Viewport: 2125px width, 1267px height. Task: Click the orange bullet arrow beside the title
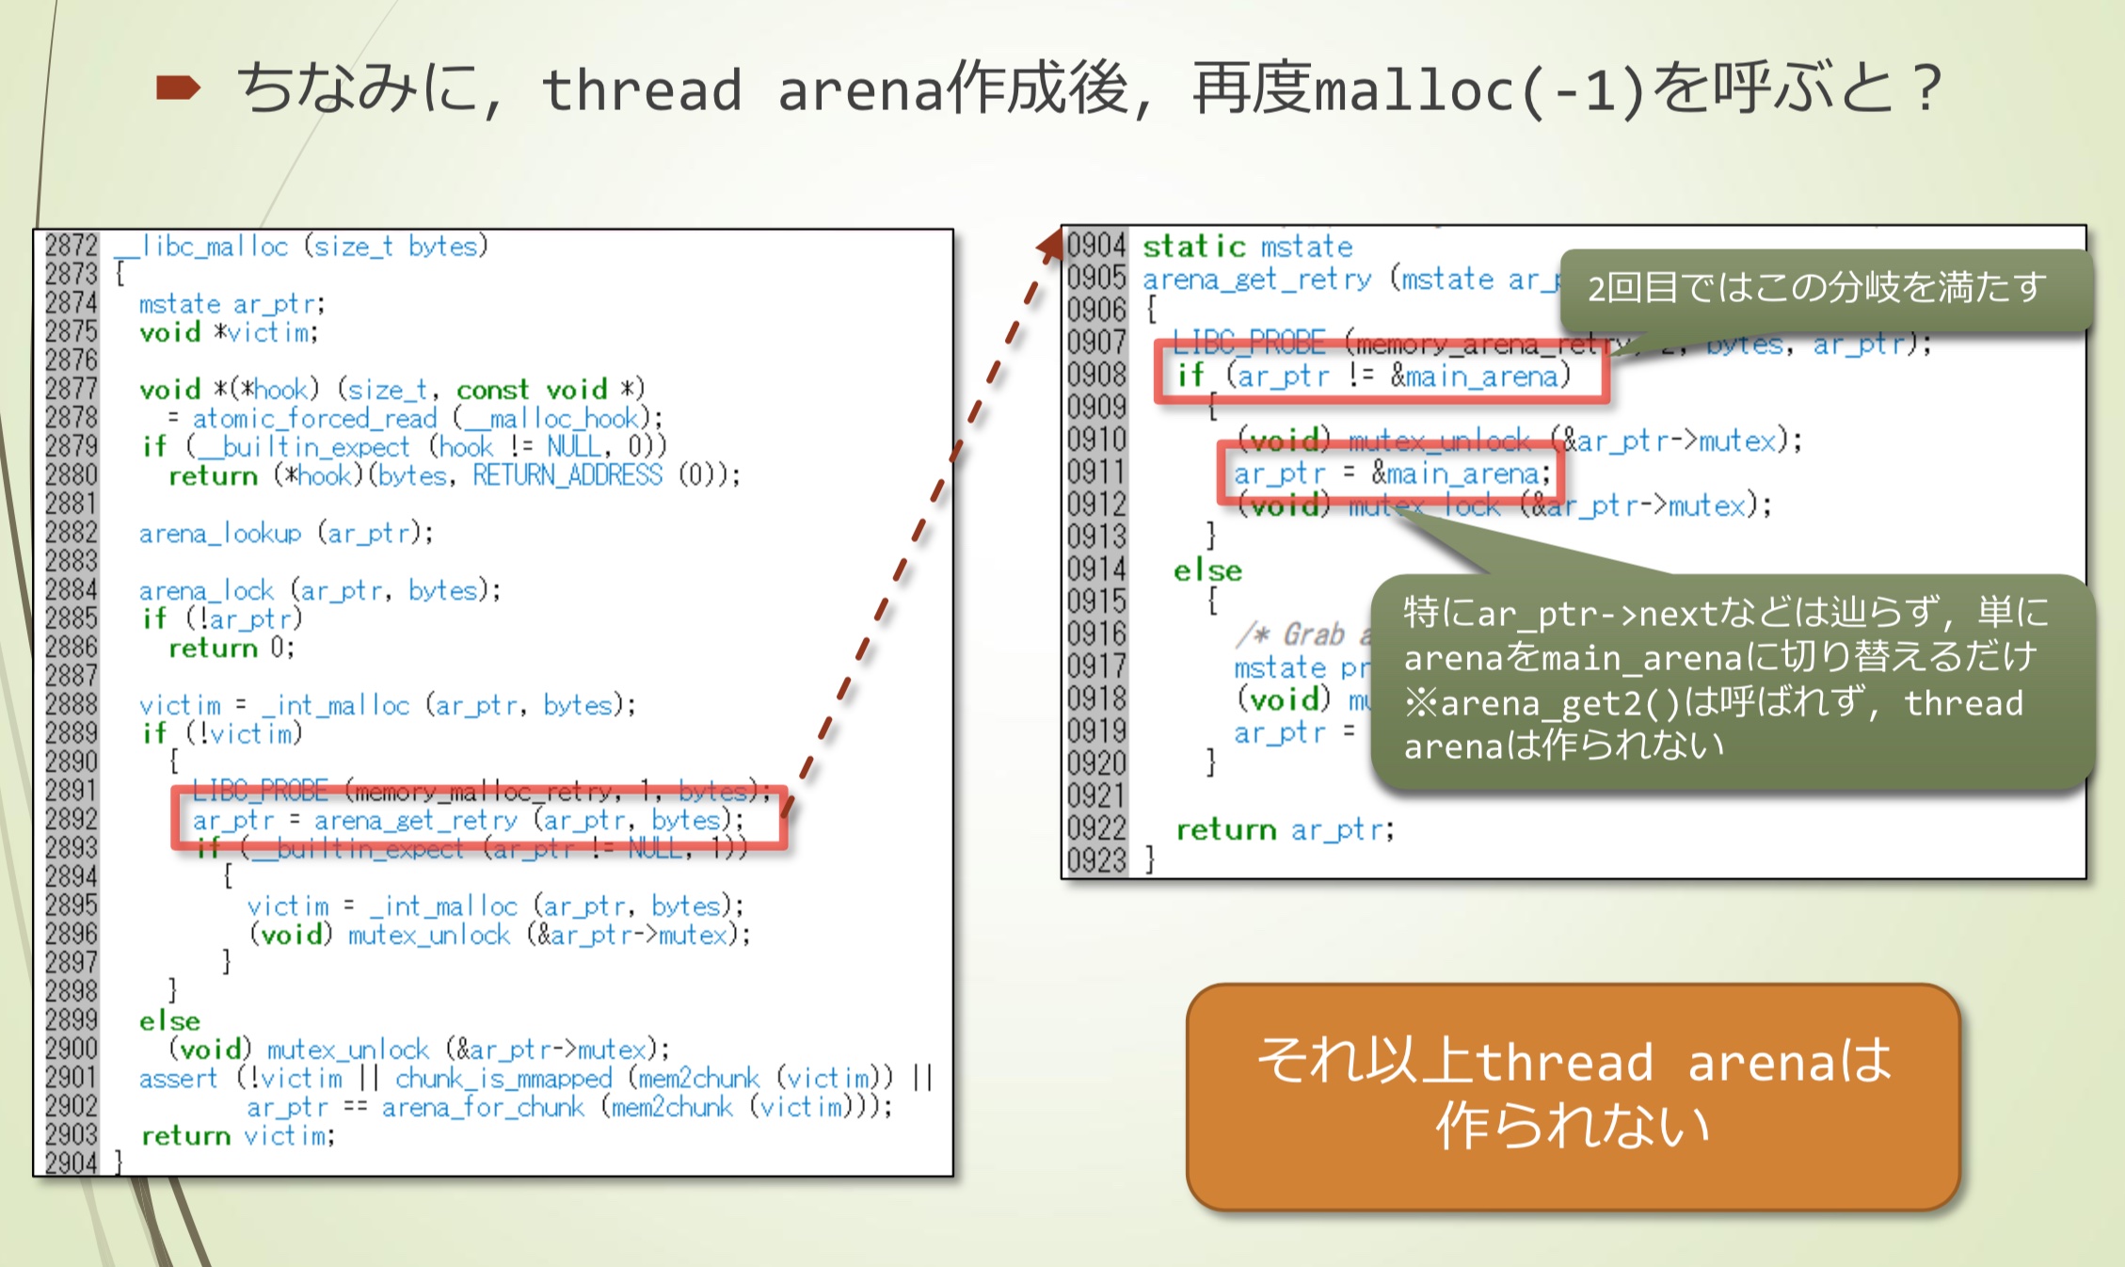[178, 88]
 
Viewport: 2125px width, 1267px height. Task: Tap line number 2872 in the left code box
[71, 246]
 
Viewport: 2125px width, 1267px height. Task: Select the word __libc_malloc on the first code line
[201, 247]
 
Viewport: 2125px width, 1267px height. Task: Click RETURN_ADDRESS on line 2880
[567, 475]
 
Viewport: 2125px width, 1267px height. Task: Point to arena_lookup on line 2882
[220, 534]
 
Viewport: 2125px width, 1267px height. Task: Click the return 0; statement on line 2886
[232, 648]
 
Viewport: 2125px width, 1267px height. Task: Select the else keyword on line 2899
[169, 1020]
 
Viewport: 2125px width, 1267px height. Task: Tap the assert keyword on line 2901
[178, 1078]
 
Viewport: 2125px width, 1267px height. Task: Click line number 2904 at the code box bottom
[71, 1163]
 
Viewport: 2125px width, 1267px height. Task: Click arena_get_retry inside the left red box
[415, 820]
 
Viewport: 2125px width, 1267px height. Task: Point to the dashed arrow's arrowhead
[1051, 245]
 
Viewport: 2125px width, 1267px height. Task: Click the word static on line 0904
[1193, 247]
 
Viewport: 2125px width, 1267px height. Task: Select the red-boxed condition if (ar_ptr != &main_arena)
[1374, 376]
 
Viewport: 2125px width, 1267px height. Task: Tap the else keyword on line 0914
[1207, 570]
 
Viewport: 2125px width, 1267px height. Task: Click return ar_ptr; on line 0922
[1285, 829]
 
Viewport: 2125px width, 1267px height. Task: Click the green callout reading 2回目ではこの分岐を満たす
[1816, 287]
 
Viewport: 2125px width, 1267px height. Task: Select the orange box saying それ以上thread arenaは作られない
[1573, 1096]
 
